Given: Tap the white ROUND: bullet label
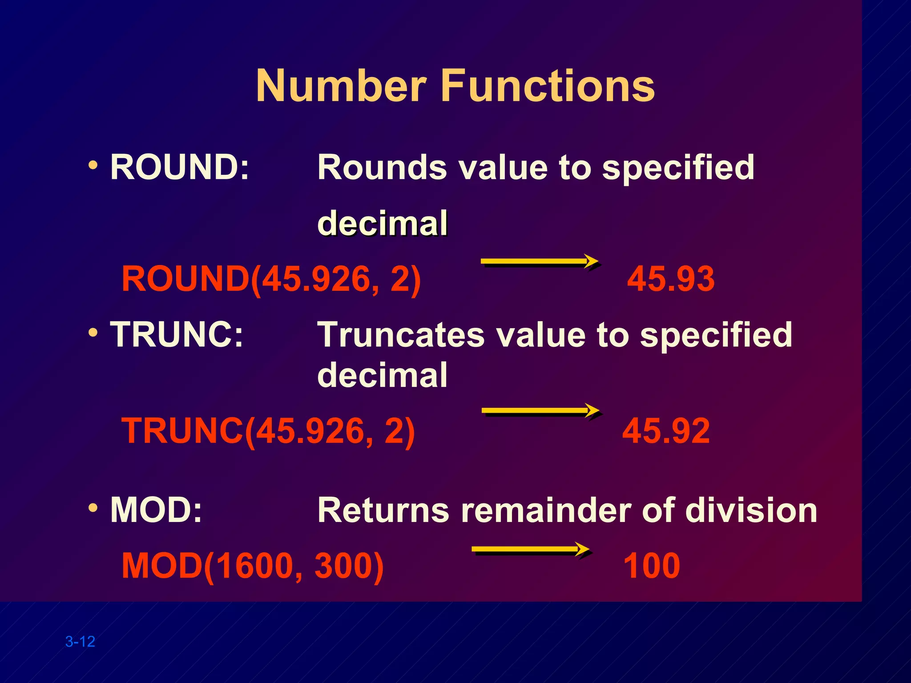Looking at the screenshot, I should tap(179, 167).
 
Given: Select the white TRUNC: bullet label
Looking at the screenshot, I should tap(177, 334).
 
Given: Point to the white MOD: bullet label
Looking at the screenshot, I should tap(156, 510).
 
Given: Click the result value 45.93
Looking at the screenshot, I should tap(671, 279).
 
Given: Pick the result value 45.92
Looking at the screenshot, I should tap(666, 431).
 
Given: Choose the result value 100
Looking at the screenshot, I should tap(652, 566).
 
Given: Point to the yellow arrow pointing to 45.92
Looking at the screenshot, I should tap(540, 411).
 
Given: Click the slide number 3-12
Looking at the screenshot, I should tap(80, 642).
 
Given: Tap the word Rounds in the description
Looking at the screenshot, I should tap(382, 168).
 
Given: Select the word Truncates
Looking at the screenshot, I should tap(401, 335).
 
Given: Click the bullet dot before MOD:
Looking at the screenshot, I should tap(93, 507).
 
